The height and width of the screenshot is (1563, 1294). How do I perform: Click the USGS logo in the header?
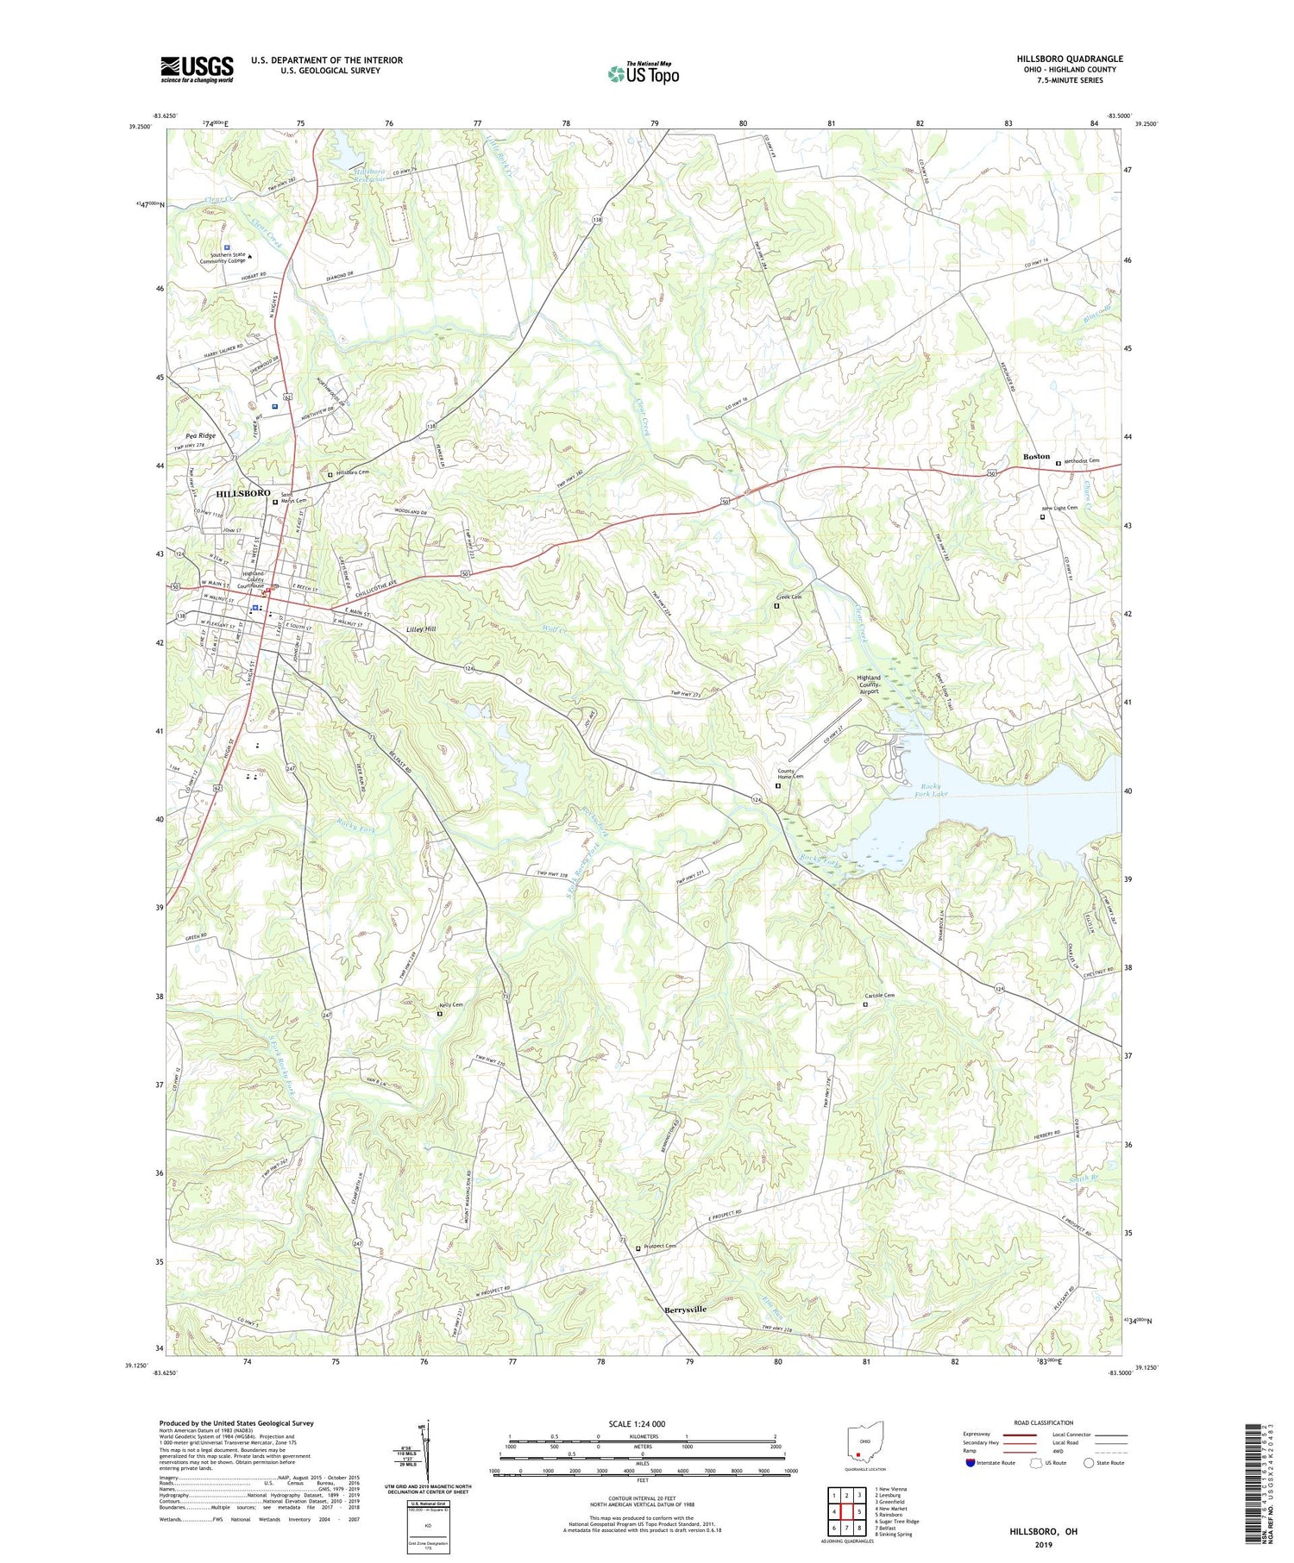(197, 69)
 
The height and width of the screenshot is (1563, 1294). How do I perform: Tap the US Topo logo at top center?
(643, 74)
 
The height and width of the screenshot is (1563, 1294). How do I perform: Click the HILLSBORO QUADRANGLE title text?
(1069, 59)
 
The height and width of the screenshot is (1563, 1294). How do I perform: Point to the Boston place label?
(1036, 456)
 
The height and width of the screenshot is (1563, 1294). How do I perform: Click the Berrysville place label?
(685, 1310)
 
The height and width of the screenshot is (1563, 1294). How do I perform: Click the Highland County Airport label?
(868, 685)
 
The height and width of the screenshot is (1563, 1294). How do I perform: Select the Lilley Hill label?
(421, 629)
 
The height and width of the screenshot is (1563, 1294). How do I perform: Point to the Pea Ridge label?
(200, 436)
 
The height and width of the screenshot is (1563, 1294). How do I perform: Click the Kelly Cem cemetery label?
(451, 1005)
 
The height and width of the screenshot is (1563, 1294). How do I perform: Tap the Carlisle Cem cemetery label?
(879, 996)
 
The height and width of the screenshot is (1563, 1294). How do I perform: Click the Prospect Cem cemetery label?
(659, 1246)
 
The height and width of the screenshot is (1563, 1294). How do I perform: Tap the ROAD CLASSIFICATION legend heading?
(1044, 1422)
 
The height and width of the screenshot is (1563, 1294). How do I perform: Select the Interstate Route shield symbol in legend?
(972, 1463)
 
